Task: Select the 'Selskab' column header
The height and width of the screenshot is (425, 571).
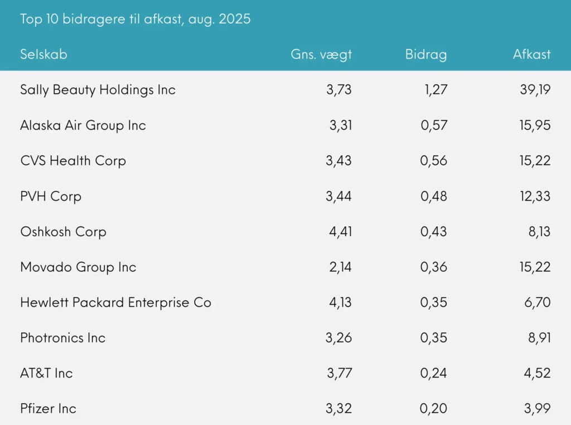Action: (43, 54)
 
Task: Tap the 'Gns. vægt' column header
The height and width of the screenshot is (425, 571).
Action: (321, 54)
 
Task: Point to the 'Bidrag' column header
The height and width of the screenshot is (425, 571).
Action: (426, 54)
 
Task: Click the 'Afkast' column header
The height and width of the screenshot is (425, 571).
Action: (531, 54)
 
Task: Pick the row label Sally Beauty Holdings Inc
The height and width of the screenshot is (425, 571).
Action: (98, 90)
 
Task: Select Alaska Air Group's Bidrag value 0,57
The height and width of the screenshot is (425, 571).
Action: (434, 125)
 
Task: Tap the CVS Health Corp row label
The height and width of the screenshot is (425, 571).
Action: (73, 161)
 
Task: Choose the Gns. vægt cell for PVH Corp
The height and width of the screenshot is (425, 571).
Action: (338, 196)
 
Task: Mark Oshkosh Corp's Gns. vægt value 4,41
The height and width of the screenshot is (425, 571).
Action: (340, 232)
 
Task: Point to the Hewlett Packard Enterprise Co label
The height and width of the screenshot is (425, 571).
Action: (115, 302)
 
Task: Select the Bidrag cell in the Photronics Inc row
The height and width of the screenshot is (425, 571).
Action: (434, 338)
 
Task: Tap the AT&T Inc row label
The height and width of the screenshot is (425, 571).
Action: (46, 373)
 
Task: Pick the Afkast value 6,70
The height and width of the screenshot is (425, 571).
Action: (537, 302)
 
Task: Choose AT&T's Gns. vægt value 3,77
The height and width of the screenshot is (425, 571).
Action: (339, 373)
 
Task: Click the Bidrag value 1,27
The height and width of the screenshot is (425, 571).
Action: (435, 90)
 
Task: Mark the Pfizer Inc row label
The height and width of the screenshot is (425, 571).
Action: (48, 409)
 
